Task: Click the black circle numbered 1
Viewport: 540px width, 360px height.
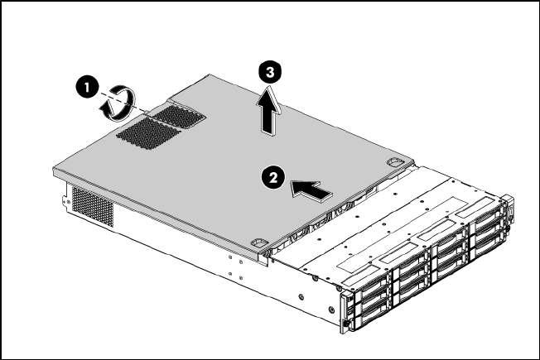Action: point(87,88)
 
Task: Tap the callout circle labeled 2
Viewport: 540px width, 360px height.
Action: point(272,178)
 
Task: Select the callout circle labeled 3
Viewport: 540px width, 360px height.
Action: point(270,73)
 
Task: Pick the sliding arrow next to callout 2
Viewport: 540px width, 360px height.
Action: point(311,190)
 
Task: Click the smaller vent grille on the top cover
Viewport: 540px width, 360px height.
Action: point(180,117)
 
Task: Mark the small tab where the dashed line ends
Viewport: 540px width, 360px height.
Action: point(146,113)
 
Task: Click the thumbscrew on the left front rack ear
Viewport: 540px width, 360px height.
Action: point(345,324)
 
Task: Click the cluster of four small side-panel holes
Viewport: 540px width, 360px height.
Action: point(235,268)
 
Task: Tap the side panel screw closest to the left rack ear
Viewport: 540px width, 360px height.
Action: point(331,310)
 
